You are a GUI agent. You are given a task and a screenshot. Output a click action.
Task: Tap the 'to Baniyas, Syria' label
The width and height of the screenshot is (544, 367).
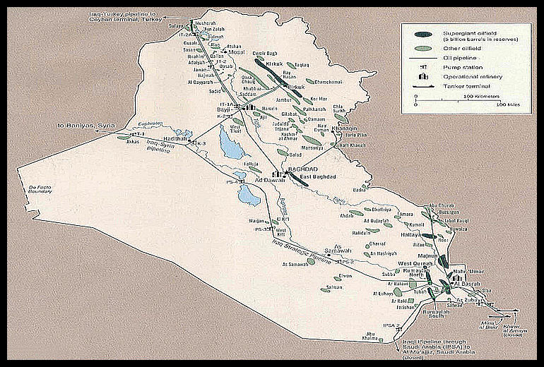tap(85, 127)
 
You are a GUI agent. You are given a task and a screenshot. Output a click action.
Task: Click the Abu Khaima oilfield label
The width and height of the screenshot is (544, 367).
tap(369, 336)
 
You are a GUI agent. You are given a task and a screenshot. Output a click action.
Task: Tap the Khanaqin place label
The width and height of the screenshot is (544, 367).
tap(339, 128)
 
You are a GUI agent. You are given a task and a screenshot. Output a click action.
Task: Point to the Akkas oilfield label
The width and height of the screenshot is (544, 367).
tap(132, 140)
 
